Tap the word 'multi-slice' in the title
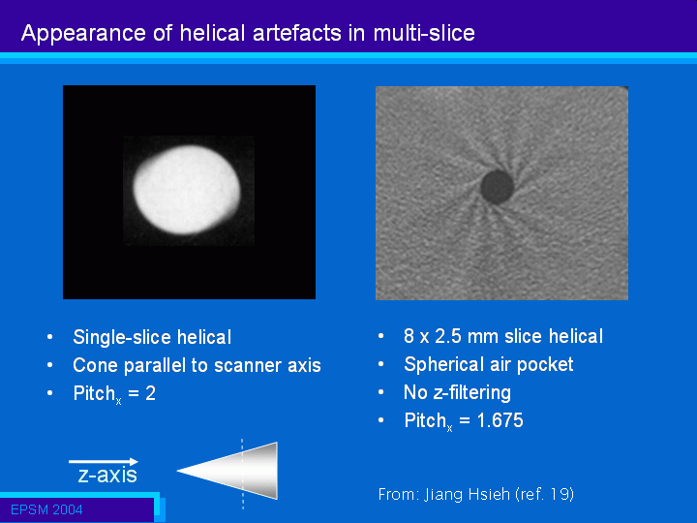(424, 33)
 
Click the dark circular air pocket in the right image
(498, 187)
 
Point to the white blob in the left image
(187, 190)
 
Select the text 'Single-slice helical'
(152, 337)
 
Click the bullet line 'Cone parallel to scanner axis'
(197, 365)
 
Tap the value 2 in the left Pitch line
(151, 393)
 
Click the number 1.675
(500, 420)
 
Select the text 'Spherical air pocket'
(489, 364)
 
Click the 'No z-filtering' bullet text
(457, 392)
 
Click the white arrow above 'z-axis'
(104, 462)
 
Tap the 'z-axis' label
(107, 475)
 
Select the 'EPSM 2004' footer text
(46, 509)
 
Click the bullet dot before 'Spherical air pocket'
(381, 364)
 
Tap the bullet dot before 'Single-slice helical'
(49, 337)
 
